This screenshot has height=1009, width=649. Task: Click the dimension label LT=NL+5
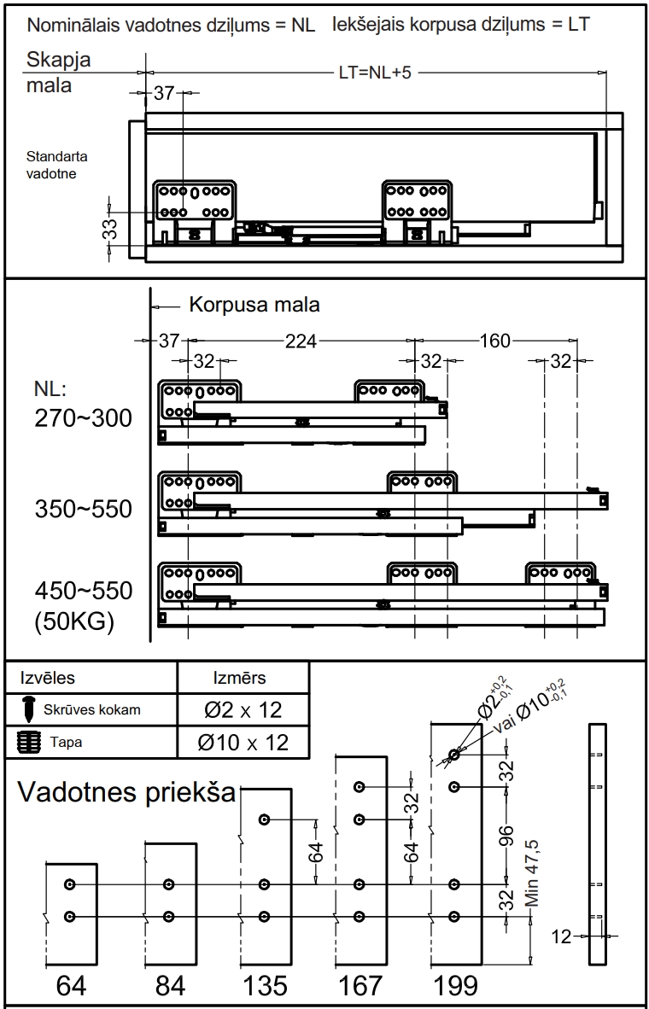tap(375, 72)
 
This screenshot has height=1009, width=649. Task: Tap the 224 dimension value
tap(301, 341)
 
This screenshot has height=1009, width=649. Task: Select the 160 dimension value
tap(495, 341)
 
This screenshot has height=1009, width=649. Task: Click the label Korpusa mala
tap(254, 305)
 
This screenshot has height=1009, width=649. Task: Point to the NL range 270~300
tap(83, 418)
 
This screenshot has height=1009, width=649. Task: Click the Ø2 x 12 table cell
tap(243, 709)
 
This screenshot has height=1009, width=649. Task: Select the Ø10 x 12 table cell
tap(243, 743)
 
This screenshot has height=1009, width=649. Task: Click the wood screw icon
tap(29, 709)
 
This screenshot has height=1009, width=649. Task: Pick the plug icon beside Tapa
tap(25, 742)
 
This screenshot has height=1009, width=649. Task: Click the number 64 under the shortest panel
tap(72, 985)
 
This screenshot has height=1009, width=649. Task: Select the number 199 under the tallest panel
tap(455, 985)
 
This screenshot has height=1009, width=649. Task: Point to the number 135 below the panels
tap(265, 985)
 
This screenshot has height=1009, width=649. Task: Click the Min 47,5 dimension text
tap(532, 873)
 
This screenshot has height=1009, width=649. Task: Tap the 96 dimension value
tap(507, 840)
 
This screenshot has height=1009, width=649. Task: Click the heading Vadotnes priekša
tap(126, 792)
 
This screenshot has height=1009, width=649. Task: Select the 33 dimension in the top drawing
tap(111, 230)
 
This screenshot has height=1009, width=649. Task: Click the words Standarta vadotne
tap(56, 165)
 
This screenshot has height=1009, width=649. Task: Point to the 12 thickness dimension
tap(561, 936)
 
